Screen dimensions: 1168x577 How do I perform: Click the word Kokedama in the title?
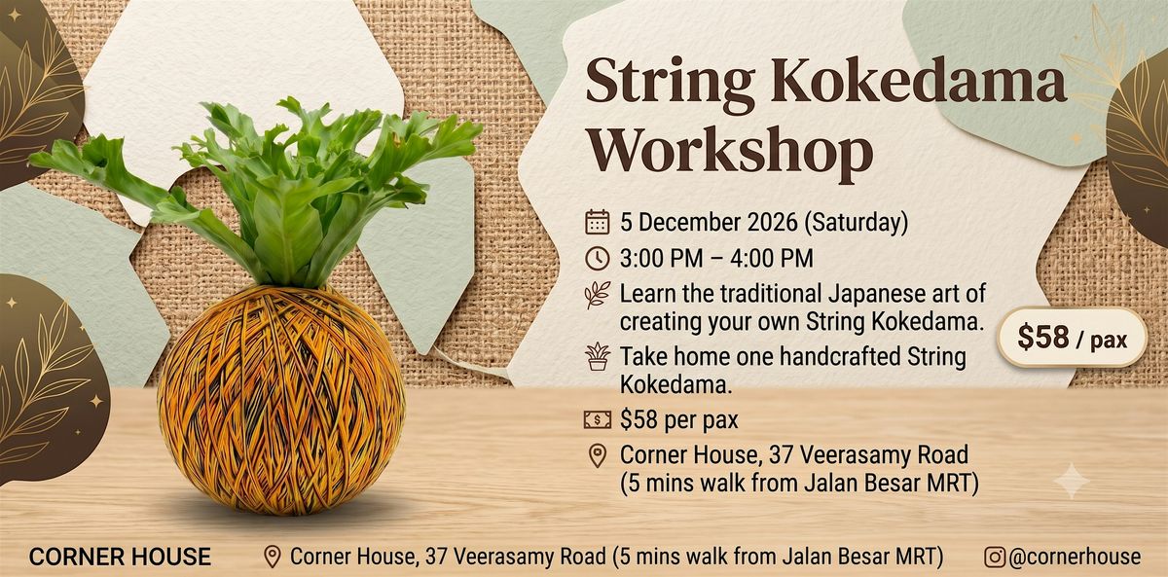[x=918, y=81]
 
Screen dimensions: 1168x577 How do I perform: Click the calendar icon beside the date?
[x=597, y=222]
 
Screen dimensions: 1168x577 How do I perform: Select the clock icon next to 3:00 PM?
[x=597, y=258]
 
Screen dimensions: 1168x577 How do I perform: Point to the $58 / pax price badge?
[x=1072, y=338]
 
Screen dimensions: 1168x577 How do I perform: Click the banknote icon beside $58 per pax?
[x=597, y=419]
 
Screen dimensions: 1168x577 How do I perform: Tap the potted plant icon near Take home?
[x=598, y=357]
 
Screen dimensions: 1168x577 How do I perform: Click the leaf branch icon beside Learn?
[x=597, y=295]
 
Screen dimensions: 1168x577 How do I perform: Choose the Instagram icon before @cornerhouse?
[x=995, y=557]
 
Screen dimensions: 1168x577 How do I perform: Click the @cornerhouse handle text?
[x=1075, y=557]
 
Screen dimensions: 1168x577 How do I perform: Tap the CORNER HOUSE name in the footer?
[x=120, y=557]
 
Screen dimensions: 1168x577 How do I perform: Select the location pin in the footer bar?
[x=272, y=558]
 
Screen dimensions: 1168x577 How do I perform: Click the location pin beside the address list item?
[x=597, y=456]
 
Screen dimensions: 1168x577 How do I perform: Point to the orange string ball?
[x=281, y=400]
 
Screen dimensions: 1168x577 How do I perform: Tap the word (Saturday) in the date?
[x=856, y=223]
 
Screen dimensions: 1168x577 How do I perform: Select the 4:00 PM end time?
[x=771, y=259]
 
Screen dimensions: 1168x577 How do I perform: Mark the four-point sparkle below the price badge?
[x=1072, y=481]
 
